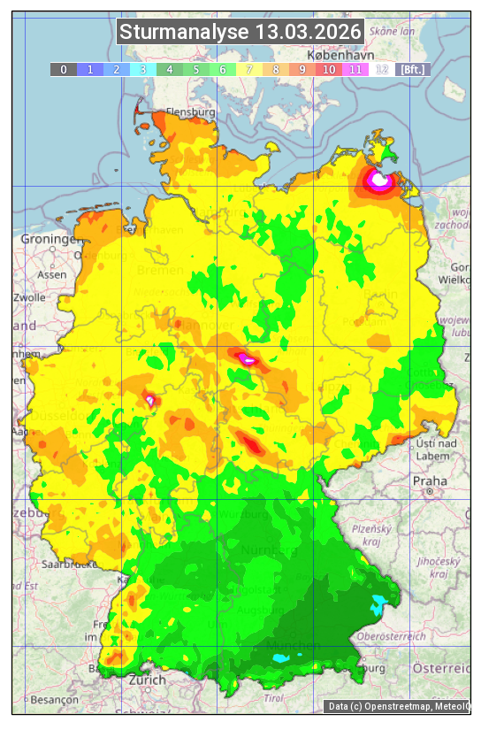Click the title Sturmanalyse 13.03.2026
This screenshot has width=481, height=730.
point(240,33)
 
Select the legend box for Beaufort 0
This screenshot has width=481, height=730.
point(64,69)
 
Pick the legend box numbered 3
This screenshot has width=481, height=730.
point(143,69)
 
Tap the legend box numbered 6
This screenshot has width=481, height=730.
point(223,69)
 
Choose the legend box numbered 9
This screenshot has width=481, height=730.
point(302,69)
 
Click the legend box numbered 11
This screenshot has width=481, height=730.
point(355,69)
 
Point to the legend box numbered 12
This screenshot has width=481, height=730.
point(382,69)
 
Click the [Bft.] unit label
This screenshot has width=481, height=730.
point(411,69)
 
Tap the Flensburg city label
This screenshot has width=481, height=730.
point(190,113)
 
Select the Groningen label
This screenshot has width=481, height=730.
point(48,240)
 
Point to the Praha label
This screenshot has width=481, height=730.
point(430,481)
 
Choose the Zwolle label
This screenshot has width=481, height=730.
point(29,297)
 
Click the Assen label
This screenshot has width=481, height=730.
point(52,275)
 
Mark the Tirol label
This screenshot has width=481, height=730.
point(274,698)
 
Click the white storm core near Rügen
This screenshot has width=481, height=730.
point(379,181)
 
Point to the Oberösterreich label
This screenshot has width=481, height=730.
point(391,636)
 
